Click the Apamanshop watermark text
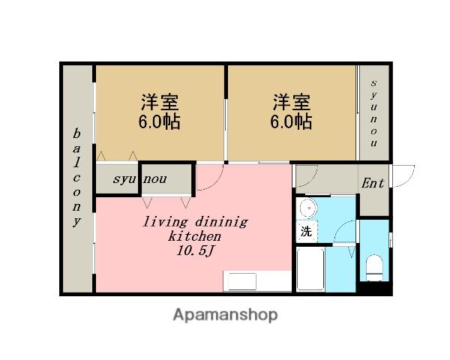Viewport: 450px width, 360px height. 225,315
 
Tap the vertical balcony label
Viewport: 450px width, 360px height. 76,178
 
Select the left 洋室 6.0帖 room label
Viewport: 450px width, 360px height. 160,112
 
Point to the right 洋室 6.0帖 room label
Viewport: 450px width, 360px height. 291,112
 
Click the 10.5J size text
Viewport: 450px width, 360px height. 195,251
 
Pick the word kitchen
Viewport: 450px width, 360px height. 194,236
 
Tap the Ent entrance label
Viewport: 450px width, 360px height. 373,183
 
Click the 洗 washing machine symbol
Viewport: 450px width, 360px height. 306,232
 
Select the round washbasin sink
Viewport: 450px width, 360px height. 308,207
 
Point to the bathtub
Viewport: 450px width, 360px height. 310,269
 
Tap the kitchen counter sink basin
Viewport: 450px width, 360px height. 242,282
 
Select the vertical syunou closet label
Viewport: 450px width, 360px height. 373,113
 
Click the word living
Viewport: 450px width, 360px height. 165,222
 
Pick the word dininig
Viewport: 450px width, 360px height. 221,222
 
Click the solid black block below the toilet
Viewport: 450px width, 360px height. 374,288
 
